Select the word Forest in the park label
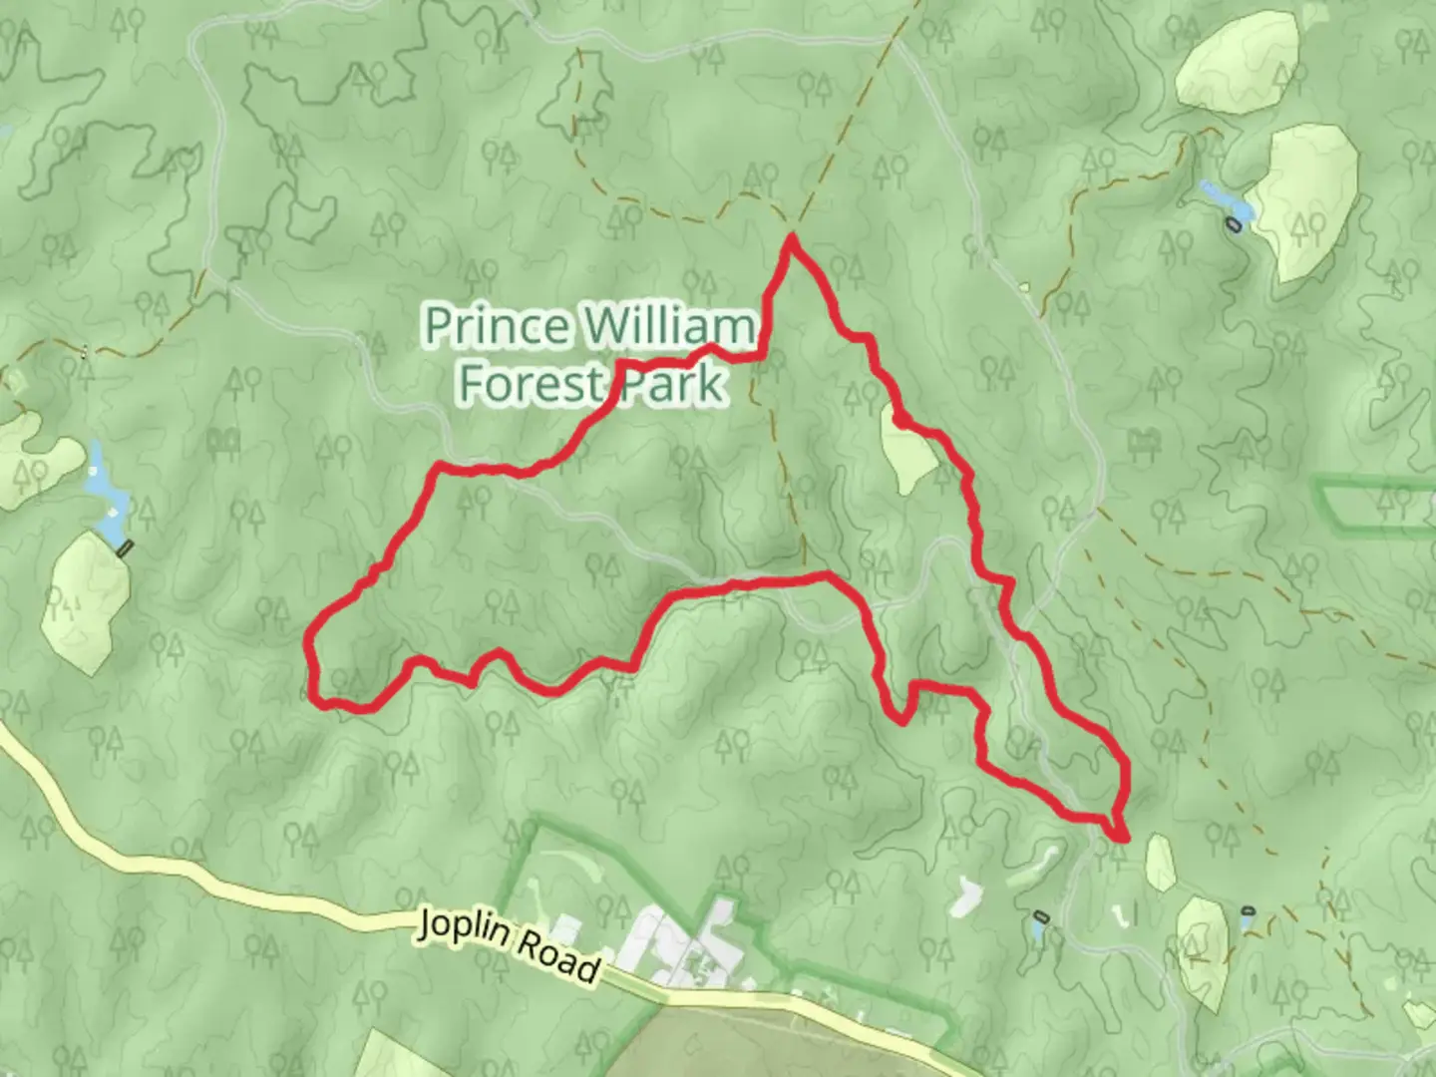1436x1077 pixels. (x=529, y=384)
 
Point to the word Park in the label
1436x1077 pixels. (x=673, y=384)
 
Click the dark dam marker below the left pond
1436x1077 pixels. (x=125, y=546)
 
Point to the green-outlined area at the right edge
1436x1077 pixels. (x=1376, y=499)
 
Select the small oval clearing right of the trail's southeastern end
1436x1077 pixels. (x=1161, y=862)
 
